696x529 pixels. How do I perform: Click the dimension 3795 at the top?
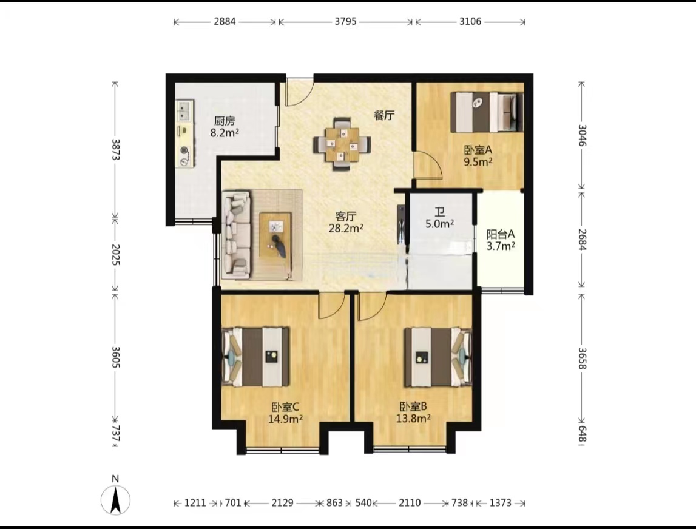[x=345, y=21]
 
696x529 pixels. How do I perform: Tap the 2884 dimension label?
[x=225, y=21]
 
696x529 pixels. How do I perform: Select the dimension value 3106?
[x=470, y=21]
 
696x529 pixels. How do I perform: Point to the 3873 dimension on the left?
[x=115, y=149]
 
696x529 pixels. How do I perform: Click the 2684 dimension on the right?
[x=582, y=240]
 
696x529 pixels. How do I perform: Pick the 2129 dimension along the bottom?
[x=282, y=503]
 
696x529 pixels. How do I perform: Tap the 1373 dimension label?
[x=500, y=503]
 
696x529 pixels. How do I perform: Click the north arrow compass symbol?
[x=115, y=500]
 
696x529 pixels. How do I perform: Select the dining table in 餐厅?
[x=342, y=144]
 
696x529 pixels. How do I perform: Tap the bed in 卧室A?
[x=487, y=112]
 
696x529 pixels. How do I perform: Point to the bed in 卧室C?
[x=255, y=357]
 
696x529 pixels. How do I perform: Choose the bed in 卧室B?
[x=438, y=357]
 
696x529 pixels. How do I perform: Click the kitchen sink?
[x=184, y=110]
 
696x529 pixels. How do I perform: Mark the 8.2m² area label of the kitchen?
[x=225, y=132]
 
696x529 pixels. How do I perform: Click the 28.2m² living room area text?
[x=346, y=228]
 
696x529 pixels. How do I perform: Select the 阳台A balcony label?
[x=501, y=234]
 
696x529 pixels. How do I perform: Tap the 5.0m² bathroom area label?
[x=439, y=224]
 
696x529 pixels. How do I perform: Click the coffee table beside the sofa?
[x=275, y=235]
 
